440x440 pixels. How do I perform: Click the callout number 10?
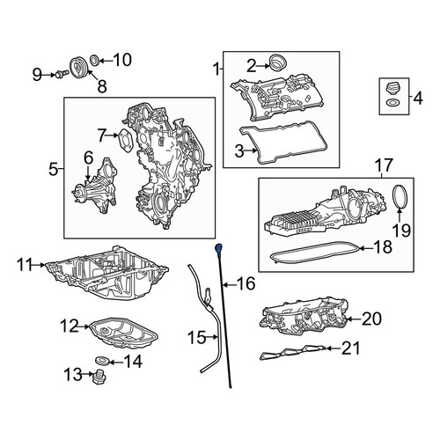(122, 60)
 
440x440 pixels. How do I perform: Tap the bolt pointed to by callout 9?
(61, 74)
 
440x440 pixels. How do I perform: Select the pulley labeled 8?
(77, 67)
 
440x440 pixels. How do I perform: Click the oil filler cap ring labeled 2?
(278, 62)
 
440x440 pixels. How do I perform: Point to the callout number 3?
(239, 151)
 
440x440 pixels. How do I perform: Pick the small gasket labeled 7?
(125, 142)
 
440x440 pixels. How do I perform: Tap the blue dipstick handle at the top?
(218, 248)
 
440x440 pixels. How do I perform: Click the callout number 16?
(246, 283)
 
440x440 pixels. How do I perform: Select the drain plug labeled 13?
(99, 377)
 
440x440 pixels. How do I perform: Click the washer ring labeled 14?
(103, 360)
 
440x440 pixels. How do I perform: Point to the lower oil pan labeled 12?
(123, 333)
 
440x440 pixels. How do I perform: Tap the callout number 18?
(383, 247)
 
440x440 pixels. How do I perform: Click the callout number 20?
(371, 319)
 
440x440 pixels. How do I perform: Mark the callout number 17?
(385, 165)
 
